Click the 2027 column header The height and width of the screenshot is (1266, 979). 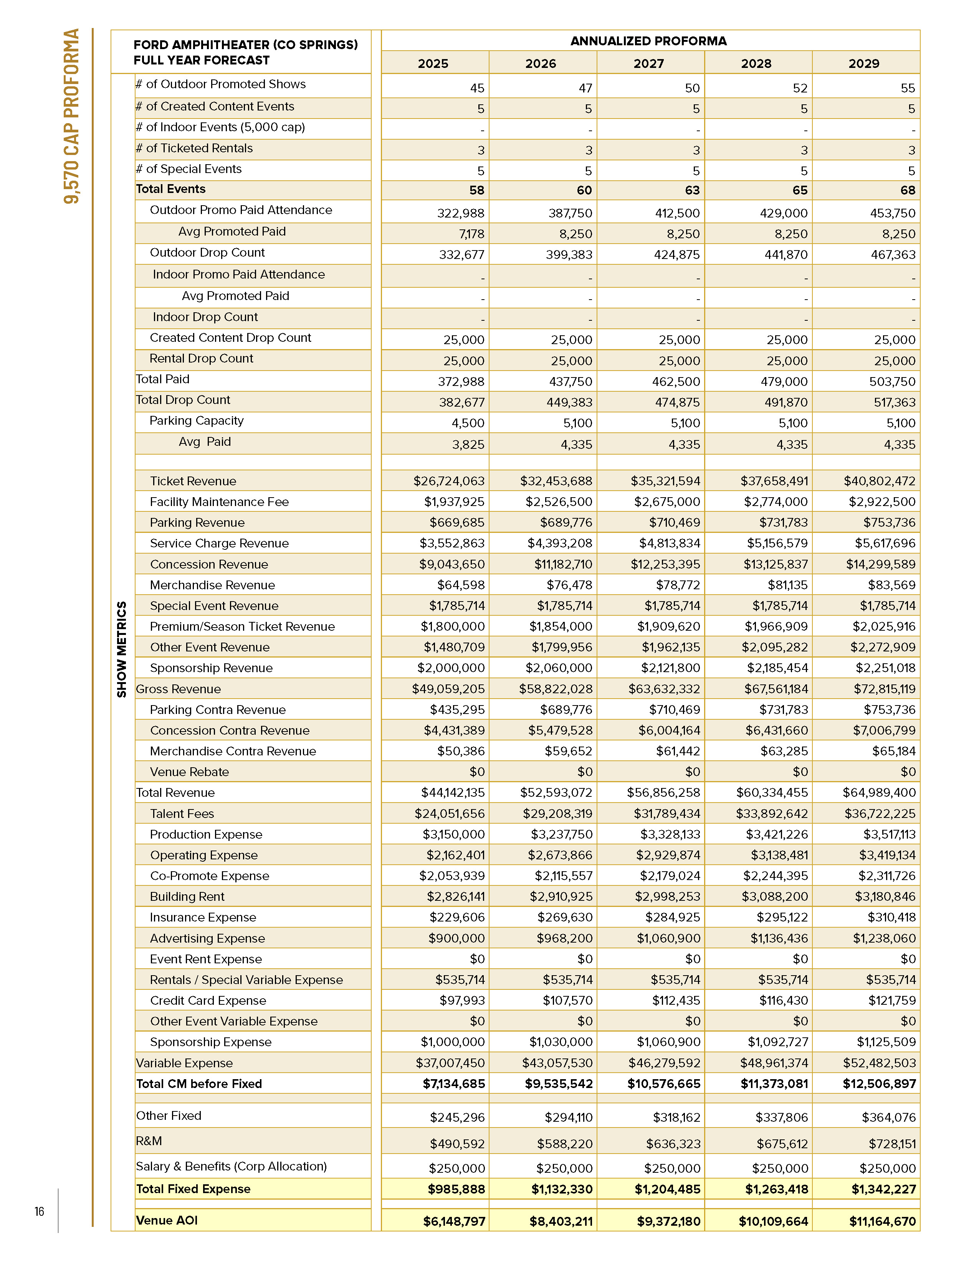pyautogui.click(x=648, y=63)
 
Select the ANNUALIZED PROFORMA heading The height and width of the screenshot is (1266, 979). pyautogui.click(x=648, y=41)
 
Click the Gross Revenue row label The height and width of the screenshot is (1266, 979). pyautogui.click(x=178, y=689)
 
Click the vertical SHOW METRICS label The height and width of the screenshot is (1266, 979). pyautogui.click(x=121, y=649)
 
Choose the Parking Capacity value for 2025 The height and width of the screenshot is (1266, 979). pyautogui.click(x=468, y=423)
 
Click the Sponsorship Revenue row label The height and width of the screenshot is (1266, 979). pyautogui.click(x=211, y=668)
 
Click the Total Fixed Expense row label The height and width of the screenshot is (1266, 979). pyautogui.click(x=193, y=1189)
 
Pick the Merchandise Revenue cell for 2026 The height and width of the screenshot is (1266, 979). pyautogui.click(x=569, y=585)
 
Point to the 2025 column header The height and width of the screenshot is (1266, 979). pyautogui.click(x=433, y=63)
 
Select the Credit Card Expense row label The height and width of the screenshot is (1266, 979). pyautogui.click(x=208, y=1001)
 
